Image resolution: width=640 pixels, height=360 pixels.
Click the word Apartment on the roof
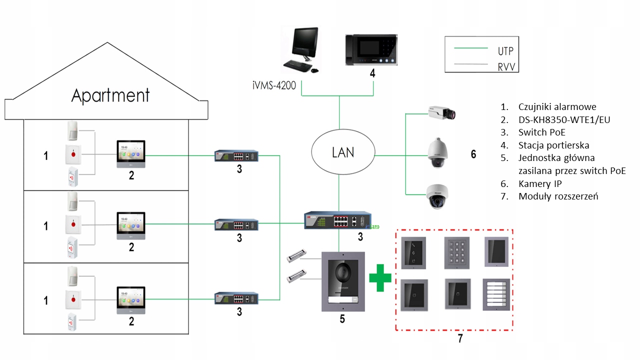coord(110,95)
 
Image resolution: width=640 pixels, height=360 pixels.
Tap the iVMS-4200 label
coord(274,85)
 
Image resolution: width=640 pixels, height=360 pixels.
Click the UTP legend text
coord(505,51)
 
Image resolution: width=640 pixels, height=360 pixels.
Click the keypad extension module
coord(457,252)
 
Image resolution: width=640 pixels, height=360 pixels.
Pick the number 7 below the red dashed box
coord(460,338)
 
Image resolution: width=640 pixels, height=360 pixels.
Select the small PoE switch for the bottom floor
coord(237,298)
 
